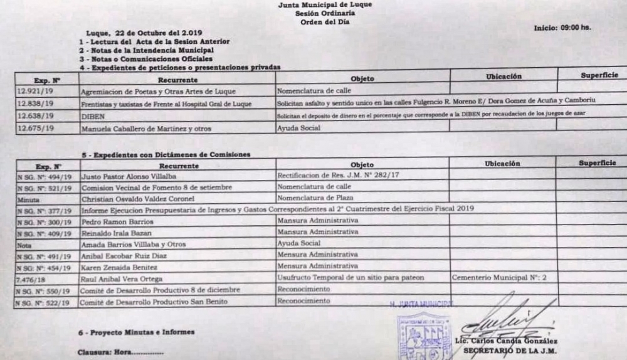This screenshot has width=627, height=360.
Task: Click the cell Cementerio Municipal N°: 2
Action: [x=501, y=277]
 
